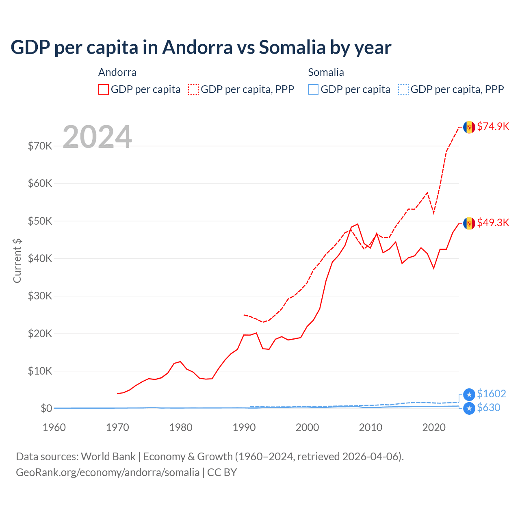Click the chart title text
click(201, 48)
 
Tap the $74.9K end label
click(493, 126)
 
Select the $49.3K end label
click(493, 223)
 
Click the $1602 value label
click(491, 394)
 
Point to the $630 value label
click(488, 407)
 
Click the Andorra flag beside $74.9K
click(469, 127)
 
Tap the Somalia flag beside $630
click(469, 408)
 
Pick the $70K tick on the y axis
click(40, 146)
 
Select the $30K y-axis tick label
click(40, 296)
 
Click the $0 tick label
click(46, 408)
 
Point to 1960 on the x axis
click(54, 427)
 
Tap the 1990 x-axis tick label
click(244, 427)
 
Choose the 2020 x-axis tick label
click(434, 427)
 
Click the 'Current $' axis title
click(17, 261)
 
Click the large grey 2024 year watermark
click(97, 137)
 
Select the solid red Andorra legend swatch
click(104, 89)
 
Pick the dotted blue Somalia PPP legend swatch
click(403, 89)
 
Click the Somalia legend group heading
click(326, 72)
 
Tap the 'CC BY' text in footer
click(222, 472)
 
